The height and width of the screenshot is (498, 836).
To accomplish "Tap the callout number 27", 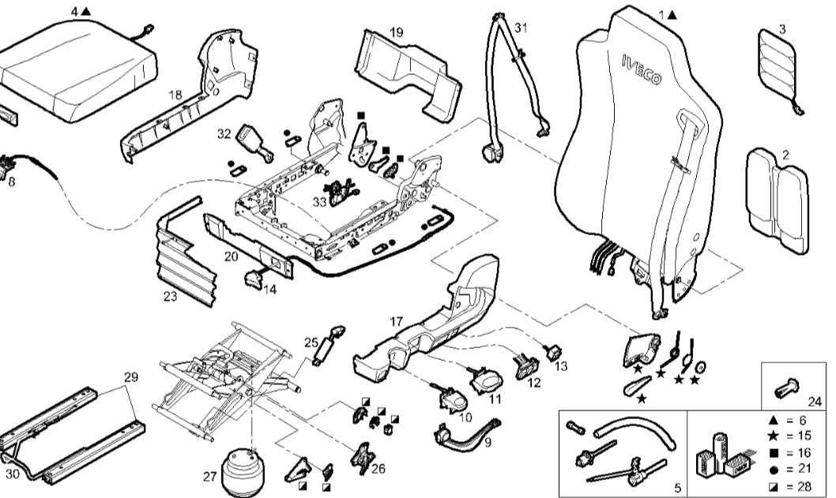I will [209, 477].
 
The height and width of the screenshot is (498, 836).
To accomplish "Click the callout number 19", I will [397, 32].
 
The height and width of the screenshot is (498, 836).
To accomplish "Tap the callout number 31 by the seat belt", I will [519, 27].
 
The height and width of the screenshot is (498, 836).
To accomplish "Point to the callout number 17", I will [397, 321].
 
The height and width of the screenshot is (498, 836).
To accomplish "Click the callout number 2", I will [785, 155].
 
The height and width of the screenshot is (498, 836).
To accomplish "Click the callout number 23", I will [170, 297].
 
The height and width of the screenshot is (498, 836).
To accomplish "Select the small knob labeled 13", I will [552, 350].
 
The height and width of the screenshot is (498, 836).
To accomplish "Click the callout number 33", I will [319, 202].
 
